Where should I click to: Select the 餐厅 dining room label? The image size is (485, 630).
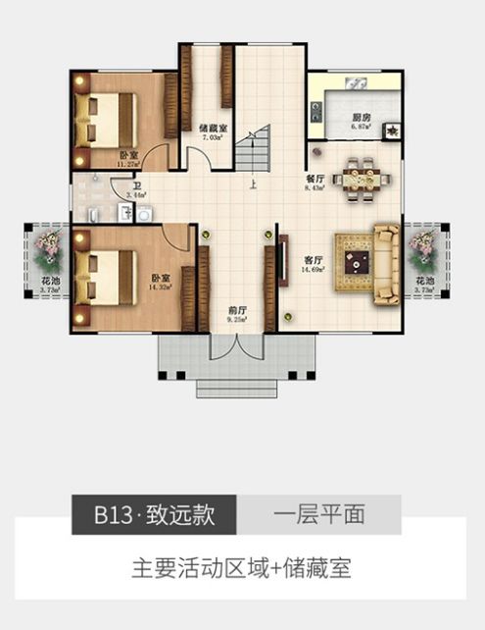point(315,179)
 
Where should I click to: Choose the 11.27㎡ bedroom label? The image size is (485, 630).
point(127,156)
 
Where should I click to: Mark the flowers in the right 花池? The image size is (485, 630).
point(423,251)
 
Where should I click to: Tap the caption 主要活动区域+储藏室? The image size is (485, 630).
point(241,567)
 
